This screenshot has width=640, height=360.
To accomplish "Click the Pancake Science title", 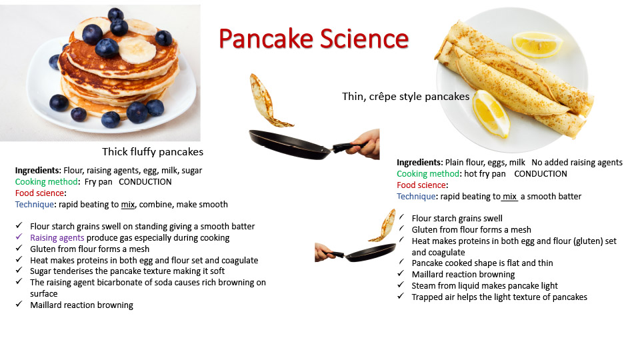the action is [x=313, y=39].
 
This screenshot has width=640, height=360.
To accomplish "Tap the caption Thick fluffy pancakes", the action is [x=153, y=152].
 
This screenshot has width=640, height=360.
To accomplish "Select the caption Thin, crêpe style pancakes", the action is [x=406, y=96].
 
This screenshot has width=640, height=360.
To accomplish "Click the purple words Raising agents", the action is [x=57, y=237].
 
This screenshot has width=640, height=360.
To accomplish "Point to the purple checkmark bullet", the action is [x=19, y=237].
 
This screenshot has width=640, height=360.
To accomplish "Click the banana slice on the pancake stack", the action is [x=137, y=50].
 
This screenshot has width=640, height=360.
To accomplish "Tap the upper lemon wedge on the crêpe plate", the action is [x=537, y=44].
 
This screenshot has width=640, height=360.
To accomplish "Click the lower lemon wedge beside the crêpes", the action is [x=491, y=113].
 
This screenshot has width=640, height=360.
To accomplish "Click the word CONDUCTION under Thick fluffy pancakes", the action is [x=145, y=181].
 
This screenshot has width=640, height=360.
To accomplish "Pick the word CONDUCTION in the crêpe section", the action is [x=541, y=173].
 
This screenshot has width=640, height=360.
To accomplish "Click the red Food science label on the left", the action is [x=41, y=193].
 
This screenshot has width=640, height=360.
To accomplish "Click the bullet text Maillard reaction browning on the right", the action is [x=463, y=274].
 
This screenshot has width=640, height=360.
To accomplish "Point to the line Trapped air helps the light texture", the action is [x=499, y=297].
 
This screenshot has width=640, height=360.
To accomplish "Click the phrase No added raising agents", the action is [x=577, y=163].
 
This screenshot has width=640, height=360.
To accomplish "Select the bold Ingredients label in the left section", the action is [x=38, y=171].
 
